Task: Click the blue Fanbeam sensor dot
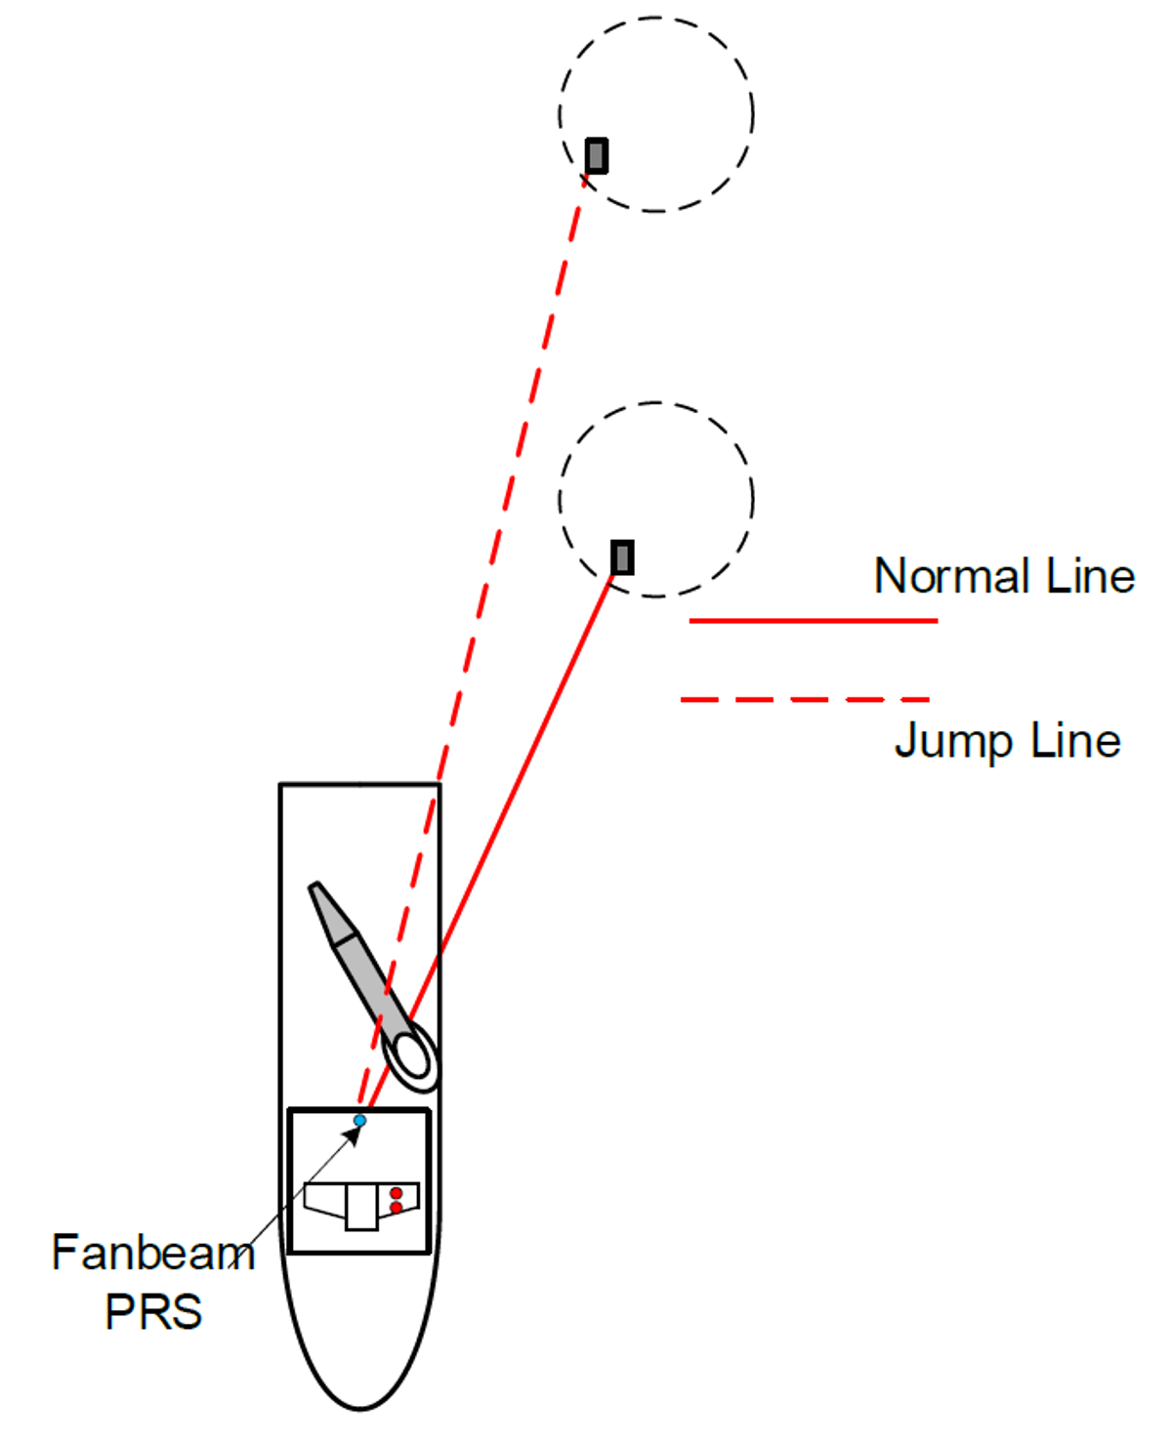click(x=359, y=1120)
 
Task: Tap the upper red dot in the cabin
click(x=396, y=1193)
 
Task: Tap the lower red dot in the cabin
click(x=396, y=1209)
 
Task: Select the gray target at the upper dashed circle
click(x=597, y=155)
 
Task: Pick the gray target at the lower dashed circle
click(x=622, y=557)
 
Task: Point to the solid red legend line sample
click(x=813, y=620)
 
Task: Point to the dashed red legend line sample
click(x=805, y=699)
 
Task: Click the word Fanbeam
click(x=153, y=1253)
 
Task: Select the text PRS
click(x=153, y=1311)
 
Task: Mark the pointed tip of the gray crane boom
click(x=314, y=887)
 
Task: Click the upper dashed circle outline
click(x=752, y=114)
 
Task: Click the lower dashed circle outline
click(x=752, y=499)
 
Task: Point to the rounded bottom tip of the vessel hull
click(x=360, y=1408)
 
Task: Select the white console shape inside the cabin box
click(x=360, y=1206)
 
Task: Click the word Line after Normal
click(x=1090, y=576)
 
